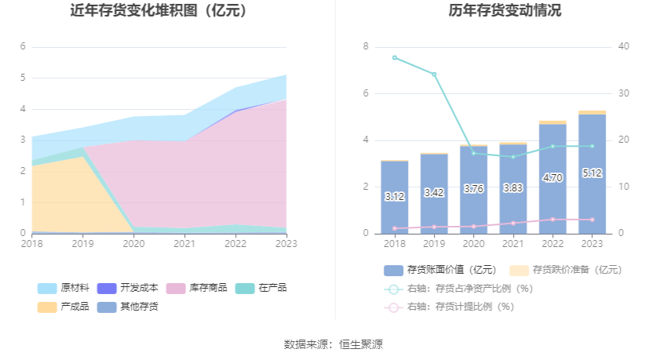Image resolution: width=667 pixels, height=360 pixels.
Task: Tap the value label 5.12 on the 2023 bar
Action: pyautogui.click(x=592, y=173)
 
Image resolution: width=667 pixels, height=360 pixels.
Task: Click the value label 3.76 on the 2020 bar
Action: pyautogui.click(x=473, y=188)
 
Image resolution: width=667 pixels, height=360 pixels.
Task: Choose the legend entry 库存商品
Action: pyautogui.click(x=196, y=288)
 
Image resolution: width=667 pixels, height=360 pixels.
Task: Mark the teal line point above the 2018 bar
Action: pyautogui.click(x=395, y=57)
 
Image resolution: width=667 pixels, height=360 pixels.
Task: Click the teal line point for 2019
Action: pyautogui.click(x=434, y=75)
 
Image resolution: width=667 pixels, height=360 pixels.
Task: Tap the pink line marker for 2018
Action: pyautogui.click(x=395, y=228)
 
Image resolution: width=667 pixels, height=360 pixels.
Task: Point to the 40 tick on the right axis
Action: pyautogui.click(x=624, y=47)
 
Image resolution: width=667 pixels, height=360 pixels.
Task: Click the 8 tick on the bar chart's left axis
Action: pyautogui.click(x=365, y=47)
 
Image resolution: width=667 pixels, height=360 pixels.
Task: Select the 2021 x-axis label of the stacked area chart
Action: pyautogui.click(x=184, y=245)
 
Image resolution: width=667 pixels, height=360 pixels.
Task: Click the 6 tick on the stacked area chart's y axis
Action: pyautogui.click(x=23, y=47)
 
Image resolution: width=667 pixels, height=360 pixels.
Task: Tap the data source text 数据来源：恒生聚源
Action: pyautogui.click(x=333, y=344)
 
